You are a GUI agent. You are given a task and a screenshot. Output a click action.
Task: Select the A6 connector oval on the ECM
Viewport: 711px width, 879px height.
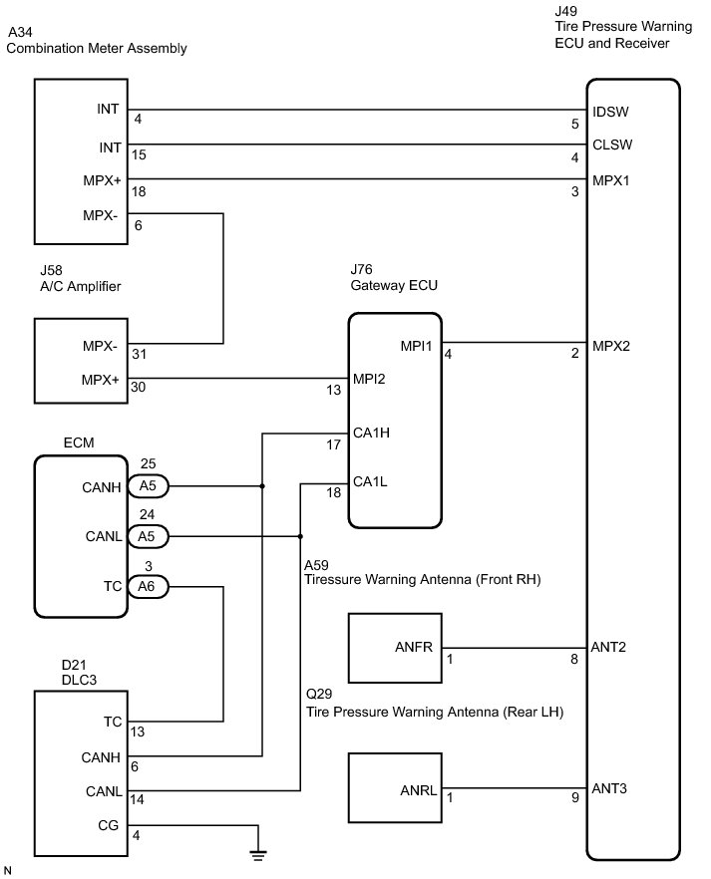pos(148,586)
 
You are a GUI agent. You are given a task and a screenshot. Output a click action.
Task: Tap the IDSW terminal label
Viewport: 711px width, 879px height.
pos(610,112)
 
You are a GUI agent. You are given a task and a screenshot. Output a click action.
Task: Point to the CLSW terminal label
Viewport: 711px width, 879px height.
pos(612,145)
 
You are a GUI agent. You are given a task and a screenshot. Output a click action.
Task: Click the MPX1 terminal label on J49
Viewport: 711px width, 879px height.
pos(610,180)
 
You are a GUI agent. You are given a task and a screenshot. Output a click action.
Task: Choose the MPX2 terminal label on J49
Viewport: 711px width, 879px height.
pos(611,346)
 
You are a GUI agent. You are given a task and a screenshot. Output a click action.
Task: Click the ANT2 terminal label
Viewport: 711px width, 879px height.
pos(608,647)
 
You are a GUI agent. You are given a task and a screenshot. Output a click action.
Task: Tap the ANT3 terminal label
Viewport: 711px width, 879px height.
pos(609,788)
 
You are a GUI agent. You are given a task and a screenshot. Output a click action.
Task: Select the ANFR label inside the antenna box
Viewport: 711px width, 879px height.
pos(414,647)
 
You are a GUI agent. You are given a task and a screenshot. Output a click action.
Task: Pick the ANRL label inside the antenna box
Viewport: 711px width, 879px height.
pos(418,790)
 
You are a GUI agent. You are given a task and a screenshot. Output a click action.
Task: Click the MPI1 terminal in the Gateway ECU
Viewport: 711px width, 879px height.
pos(416,346)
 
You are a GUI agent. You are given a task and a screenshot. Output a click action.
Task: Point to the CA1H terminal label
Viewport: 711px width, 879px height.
pos(371,433)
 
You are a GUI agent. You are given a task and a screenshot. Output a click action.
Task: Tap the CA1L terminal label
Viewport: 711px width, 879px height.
pos(370,481)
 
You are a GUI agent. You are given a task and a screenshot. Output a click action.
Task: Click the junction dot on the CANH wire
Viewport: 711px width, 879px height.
pos(262,486)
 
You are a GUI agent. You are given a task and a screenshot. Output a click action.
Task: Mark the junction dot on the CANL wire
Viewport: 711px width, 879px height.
pos(300,536)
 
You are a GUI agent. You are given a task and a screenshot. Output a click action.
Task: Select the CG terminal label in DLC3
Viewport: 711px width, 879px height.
pos(109,826)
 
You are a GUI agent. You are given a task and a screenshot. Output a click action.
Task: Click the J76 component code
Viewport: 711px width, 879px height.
pos(362,270)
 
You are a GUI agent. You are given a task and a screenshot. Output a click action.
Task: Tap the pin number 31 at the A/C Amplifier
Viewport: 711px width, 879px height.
pos(139,355)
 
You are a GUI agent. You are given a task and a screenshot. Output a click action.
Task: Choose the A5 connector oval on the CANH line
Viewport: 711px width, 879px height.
pos(148,486)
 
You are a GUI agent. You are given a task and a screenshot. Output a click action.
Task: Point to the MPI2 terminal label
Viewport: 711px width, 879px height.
pos(369,379)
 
